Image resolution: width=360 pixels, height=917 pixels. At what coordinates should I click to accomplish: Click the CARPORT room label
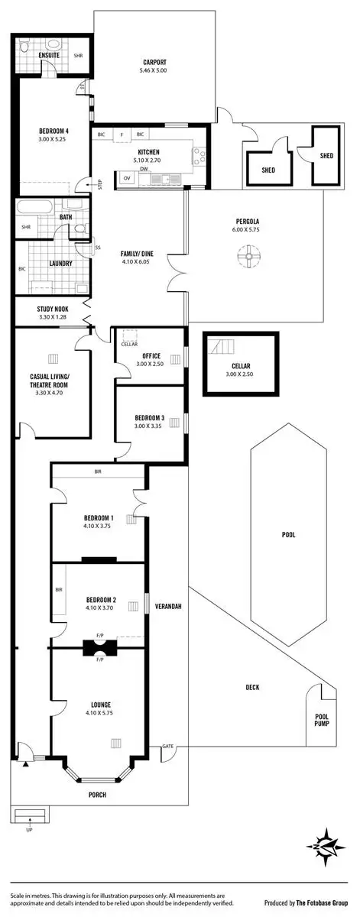(154, 63)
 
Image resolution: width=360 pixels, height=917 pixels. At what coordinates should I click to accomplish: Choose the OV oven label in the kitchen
(126, 178)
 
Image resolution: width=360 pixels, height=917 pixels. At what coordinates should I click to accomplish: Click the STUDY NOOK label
(54, 309)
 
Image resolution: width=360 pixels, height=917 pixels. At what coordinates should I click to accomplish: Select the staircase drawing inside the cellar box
(223, 349)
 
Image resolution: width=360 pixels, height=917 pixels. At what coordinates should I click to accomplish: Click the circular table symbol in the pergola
(248, 256)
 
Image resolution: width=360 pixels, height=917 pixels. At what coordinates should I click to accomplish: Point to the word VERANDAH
(167, 605)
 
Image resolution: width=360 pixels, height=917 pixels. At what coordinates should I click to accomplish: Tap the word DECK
(252, 687)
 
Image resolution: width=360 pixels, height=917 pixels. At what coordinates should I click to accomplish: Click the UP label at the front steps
(30, 829)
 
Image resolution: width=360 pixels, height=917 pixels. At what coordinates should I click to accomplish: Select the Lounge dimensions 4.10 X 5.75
(100, 713)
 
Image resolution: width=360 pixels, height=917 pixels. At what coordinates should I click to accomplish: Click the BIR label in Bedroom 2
(59, 590)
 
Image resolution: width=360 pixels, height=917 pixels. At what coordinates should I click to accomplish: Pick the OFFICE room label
(151, 355)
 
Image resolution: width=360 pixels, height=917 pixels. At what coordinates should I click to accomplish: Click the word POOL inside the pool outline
(288, 535)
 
